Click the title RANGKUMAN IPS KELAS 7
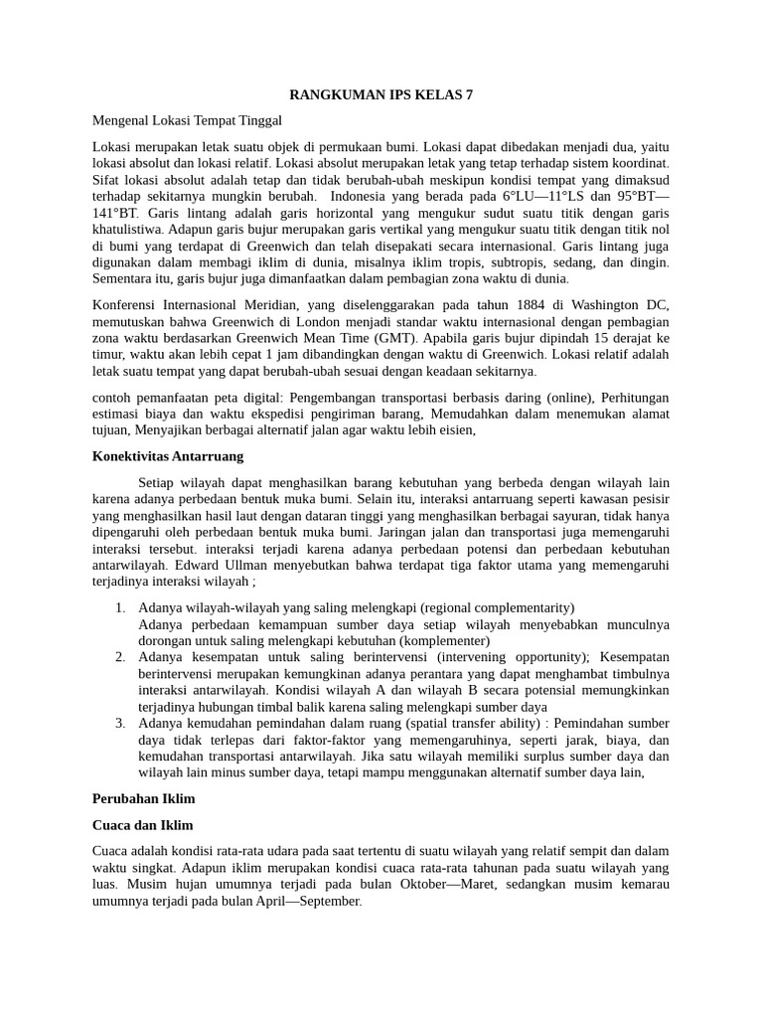(381, 95)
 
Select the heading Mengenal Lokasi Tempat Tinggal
(188, 120)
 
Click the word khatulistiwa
(128, 229)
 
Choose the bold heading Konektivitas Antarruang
(167, 456)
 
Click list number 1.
(119, 607)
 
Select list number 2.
(119, 657)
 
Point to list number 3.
(119, 723)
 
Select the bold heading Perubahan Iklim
(144, 798)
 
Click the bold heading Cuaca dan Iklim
(143, 825)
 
